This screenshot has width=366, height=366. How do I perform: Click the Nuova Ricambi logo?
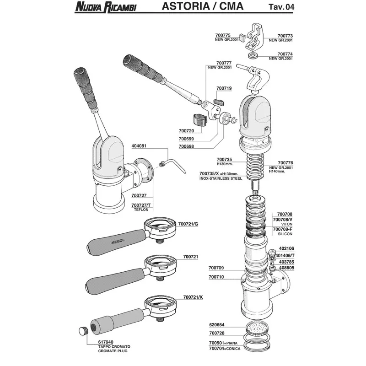tap(106, 7)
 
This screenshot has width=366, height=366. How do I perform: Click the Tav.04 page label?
tap(281, 6)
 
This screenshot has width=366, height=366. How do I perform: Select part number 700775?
tap(223, 35)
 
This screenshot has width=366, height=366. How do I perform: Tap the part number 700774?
tap(285, 54)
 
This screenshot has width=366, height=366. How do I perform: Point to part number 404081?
tap(139, 146)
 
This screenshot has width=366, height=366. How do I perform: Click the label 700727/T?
tap(141, 205)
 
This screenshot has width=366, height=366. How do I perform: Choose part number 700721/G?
tap(188, 224)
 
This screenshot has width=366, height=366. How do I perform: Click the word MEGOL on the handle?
tap(118, 242)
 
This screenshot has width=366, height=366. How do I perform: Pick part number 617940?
tap(106, 342)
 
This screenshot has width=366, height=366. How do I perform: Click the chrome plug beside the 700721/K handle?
tap(83, 331)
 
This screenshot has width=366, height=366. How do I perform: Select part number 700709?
tap(216, 268)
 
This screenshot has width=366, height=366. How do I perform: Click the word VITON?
tap(287, 224)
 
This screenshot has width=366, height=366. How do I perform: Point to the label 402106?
tap(286, 248)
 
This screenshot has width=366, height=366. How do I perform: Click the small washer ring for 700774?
tap(252, 56)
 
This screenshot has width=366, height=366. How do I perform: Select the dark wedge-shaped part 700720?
tap(200, 119)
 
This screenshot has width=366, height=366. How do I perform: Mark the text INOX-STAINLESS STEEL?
tap(221, 178)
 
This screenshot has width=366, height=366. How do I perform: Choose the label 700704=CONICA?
tap(225, 349)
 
